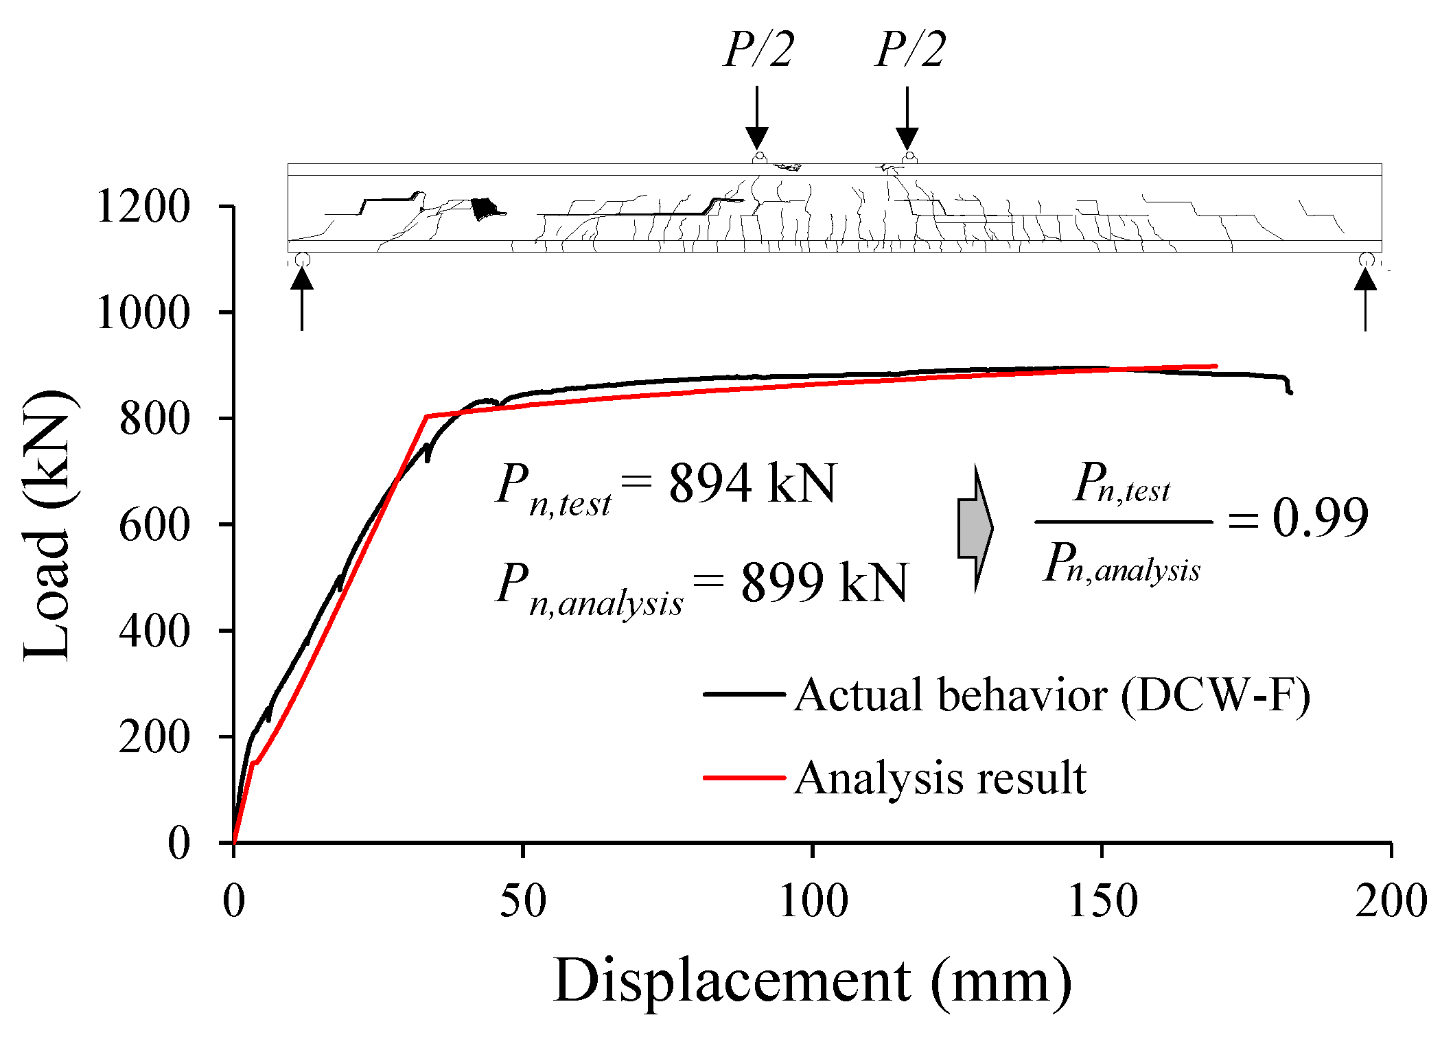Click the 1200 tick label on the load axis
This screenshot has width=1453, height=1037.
point(143,207)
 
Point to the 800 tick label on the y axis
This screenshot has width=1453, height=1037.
point(154,419)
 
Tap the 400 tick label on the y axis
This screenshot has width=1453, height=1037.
point(154,631)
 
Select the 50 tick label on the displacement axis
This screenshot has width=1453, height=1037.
point(522,900)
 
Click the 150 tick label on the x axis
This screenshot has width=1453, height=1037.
point(1102,900)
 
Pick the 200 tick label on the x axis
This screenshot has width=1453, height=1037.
point(1391,900)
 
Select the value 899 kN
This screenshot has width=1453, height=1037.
point(824,582)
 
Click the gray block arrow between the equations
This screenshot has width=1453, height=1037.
point(975,528)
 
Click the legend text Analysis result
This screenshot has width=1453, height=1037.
point(940,778)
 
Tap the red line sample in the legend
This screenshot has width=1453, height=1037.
point(744,778)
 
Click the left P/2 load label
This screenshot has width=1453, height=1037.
point(758,49)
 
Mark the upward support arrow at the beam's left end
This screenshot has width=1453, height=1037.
point(302,298)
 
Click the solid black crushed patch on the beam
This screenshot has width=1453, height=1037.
point(485,208)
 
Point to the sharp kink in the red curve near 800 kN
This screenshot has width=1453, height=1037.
point(426,416)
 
